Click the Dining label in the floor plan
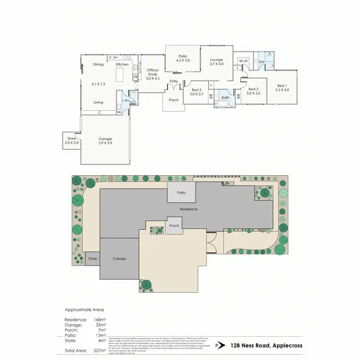coord(98,64)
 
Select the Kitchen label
coord(122,64)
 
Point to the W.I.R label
coord(243,61)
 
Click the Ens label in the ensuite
coord(262,62)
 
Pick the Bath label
coord(225,97)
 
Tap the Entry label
coord(174,81)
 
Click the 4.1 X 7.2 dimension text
coord(98,84)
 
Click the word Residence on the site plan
coord(189,209)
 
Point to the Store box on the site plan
coord(93,259)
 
